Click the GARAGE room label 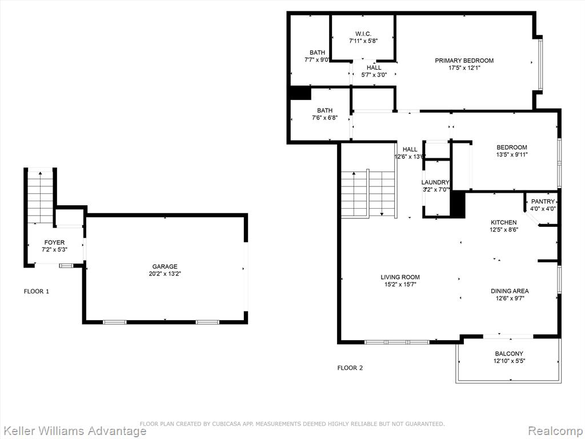(165, 266)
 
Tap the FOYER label (54, 242)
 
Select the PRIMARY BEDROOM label (464, 61)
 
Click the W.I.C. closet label (363, 34)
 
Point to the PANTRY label (543, 202)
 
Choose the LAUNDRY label (435, 182)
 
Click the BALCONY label (509, 353)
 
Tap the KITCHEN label (504, 222)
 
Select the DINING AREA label (510, 291)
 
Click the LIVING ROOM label (400, 277)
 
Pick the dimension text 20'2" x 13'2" (165, 274)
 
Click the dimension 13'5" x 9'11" (511, 154)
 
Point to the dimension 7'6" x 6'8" (324, 118)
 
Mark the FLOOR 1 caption (37, 292)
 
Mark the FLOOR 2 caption (350, 368)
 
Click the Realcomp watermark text (555, 430)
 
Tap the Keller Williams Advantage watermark (74, 431)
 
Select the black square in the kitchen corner (458, 205)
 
